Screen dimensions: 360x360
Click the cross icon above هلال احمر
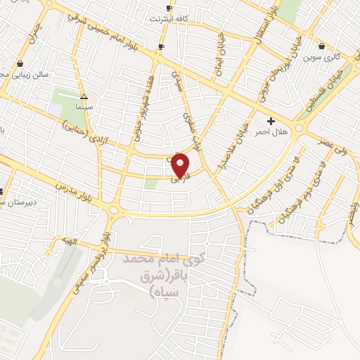click(x=271, y=121)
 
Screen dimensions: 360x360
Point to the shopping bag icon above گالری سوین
click(x=321, y=46)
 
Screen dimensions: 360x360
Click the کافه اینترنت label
click(x=169, y=18)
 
